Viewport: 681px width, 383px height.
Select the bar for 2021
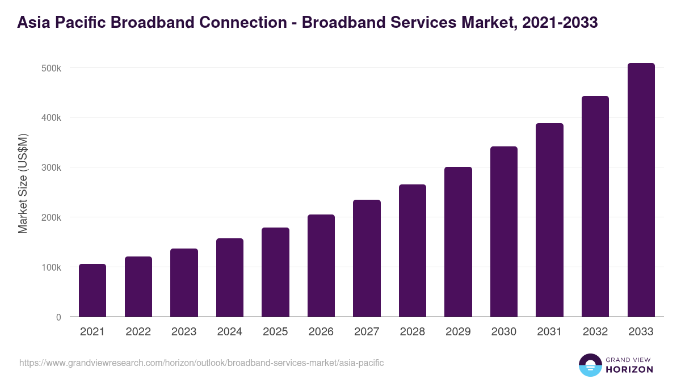(93, 291)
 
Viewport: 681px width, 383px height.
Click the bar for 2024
(230, 277)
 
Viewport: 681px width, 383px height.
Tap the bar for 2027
(367, 258)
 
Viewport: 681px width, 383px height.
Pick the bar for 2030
(504, 232)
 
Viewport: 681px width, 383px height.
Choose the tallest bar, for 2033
(641, 190)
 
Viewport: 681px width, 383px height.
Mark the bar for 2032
(595, 207)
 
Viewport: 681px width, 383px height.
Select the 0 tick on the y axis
(58, 317)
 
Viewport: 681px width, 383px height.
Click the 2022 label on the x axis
(138, 332)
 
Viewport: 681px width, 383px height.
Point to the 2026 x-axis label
(321, 332)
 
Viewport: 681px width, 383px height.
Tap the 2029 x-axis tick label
(458, 332)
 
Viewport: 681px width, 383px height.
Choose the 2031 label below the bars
(549, 332)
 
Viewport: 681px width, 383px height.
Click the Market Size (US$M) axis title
(23, 184)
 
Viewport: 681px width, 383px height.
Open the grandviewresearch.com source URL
(201, 363)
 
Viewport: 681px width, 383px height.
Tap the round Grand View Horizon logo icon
(590, 365)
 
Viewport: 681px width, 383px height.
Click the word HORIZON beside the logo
(630, 369)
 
